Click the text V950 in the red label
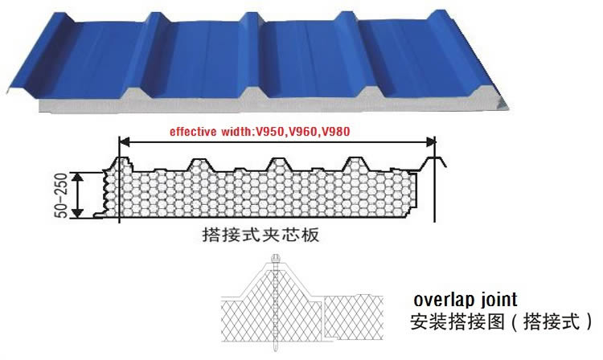point(269,132)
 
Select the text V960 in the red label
point(302,132)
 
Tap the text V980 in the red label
point(336,132)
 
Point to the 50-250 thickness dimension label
point(61,195)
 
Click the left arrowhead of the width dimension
point(125,142)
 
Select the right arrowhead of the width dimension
point(429,142)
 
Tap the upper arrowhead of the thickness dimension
point(78,177)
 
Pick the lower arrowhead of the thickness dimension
point(78,213)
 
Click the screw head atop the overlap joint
point(275,258)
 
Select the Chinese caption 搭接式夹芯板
point(260,235)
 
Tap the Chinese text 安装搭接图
point(457,322)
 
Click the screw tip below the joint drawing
point(276,347)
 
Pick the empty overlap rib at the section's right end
point(434,162)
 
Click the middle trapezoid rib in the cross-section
point(276,164)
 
